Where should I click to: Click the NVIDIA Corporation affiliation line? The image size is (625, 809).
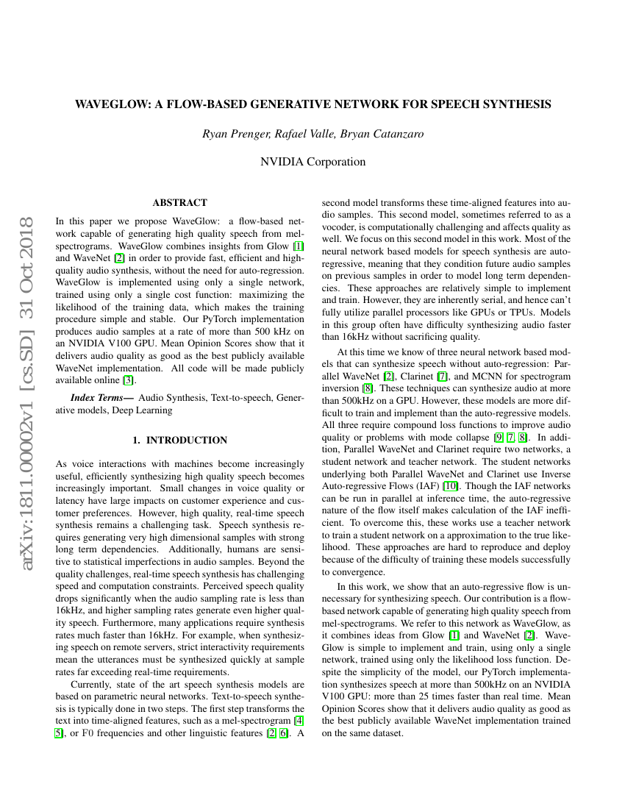(312, 162)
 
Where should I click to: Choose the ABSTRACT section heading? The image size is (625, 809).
(179, 202)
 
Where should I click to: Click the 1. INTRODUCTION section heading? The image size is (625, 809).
(179, 440)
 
